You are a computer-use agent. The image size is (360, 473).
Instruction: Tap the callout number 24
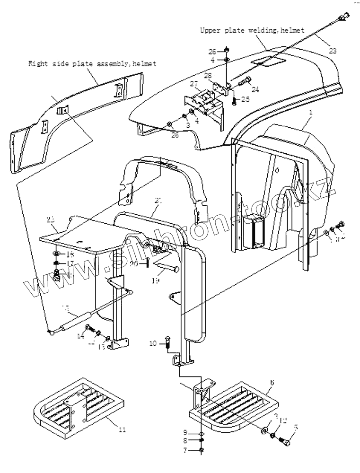tap(255, 89)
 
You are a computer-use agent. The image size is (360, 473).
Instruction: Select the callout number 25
tap(245, 99)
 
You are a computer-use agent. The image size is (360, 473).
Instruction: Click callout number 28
tap(207, 76)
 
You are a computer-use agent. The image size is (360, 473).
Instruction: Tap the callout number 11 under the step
tap(122, 429)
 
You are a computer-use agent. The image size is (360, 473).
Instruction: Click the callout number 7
tap(185, 450)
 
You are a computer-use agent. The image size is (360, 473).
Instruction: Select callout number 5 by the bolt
tap(296, 426)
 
